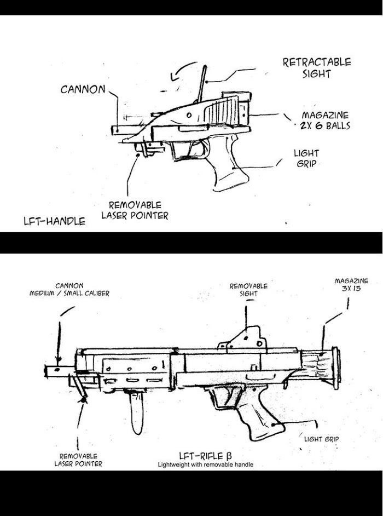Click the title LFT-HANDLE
click(x=54, y=221)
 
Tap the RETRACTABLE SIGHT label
click(x=316, y=68)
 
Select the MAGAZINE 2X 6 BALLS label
click(x=325, y=121)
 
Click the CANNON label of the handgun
click(x=83, y=89)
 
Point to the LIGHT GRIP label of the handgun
click(x=306, y=158)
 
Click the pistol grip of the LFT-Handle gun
click(x=230, y=173)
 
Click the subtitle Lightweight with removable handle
click(x=205, y=465)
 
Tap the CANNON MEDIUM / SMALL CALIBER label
click(x=69, y=289)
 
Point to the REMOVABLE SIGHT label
click(x=248, y=289)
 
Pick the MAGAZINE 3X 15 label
click(x=351, y=284)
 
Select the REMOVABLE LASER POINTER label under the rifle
click(x=78, y=460)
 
